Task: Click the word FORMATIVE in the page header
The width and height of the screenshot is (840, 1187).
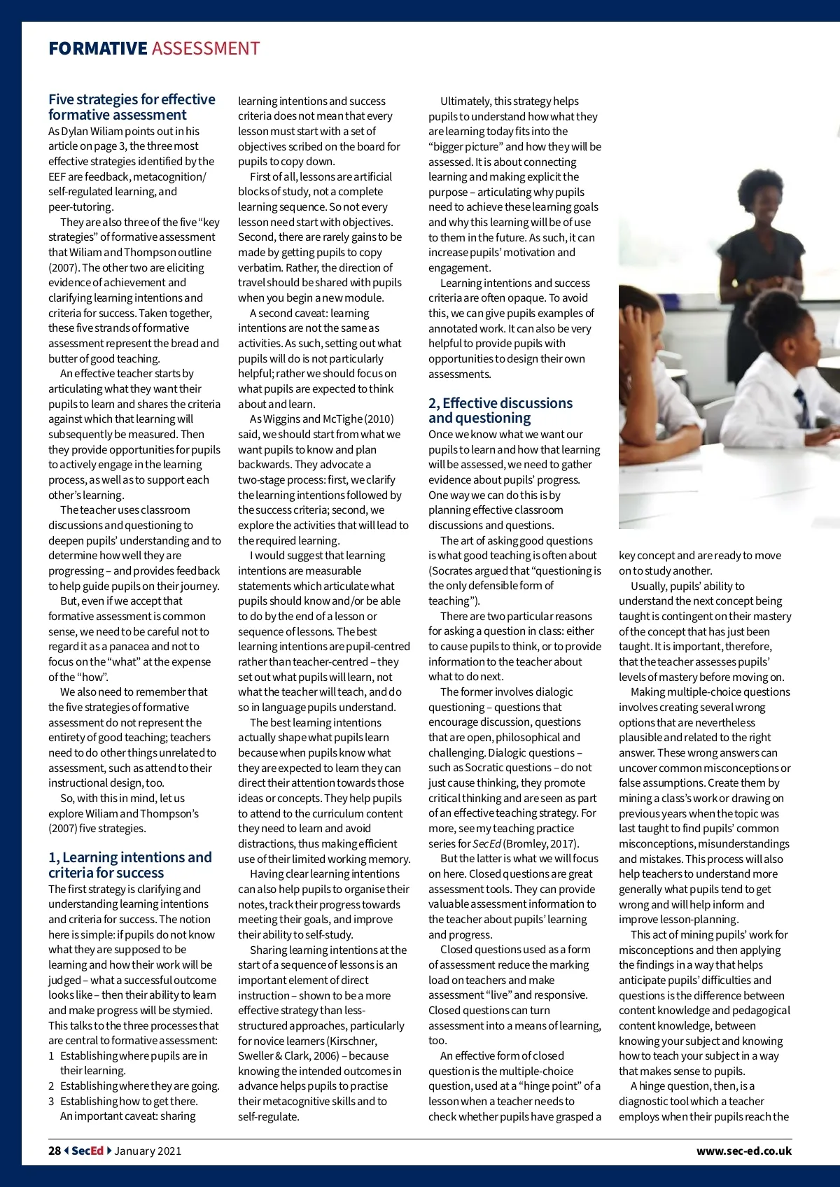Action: click(x=97, y=49)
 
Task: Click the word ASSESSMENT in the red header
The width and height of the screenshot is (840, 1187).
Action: click(x=205, y=49)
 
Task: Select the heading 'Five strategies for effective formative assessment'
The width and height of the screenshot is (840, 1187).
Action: click(x=132, y=107)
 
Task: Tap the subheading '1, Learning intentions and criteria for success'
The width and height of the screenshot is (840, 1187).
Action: click(x=129, y=865)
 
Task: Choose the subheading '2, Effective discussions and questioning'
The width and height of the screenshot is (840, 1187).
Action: click(x=500, y=411)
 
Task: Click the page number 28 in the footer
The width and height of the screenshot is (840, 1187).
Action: click(x=55, y=1151)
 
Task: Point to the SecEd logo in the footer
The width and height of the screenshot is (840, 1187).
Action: click(x=87, y=1151)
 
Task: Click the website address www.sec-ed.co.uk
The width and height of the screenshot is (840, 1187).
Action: click(x=743, y=1151)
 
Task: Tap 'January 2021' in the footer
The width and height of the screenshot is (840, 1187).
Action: click(x=148, y=1151)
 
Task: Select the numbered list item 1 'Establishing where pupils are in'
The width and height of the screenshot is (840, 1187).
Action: click(x=133, y=1056)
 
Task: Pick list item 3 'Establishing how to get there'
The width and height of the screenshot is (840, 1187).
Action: click(x=129, y=1102)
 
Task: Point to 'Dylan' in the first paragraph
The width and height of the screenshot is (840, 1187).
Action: click(x=74, y=132)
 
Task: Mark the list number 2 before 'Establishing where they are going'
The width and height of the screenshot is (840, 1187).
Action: click(x=51, y=1086)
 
